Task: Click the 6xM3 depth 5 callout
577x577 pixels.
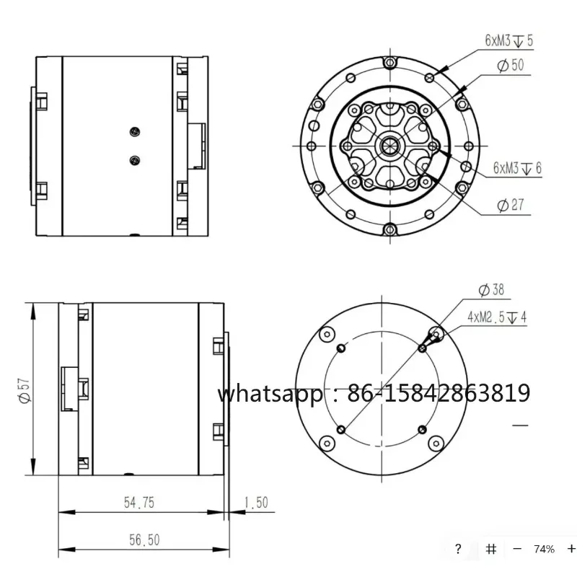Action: click(x=509, y=40)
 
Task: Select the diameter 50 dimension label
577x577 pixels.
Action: click(x=511, y=65)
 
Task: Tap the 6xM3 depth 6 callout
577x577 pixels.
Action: click(x=517, y=168)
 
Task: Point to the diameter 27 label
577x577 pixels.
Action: click(x=511, y=205)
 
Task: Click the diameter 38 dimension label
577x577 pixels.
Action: click(x=491, y=290)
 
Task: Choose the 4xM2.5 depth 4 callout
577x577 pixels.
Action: click(x=497, y=317)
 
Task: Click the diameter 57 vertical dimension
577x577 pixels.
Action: click(x=25, y=390)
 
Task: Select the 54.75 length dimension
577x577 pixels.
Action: click(x=139, y=503)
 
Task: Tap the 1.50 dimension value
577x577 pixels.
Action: click(x=256, y=503)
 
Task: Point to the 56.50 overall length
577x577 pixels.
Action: click(x=144, y=540)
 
